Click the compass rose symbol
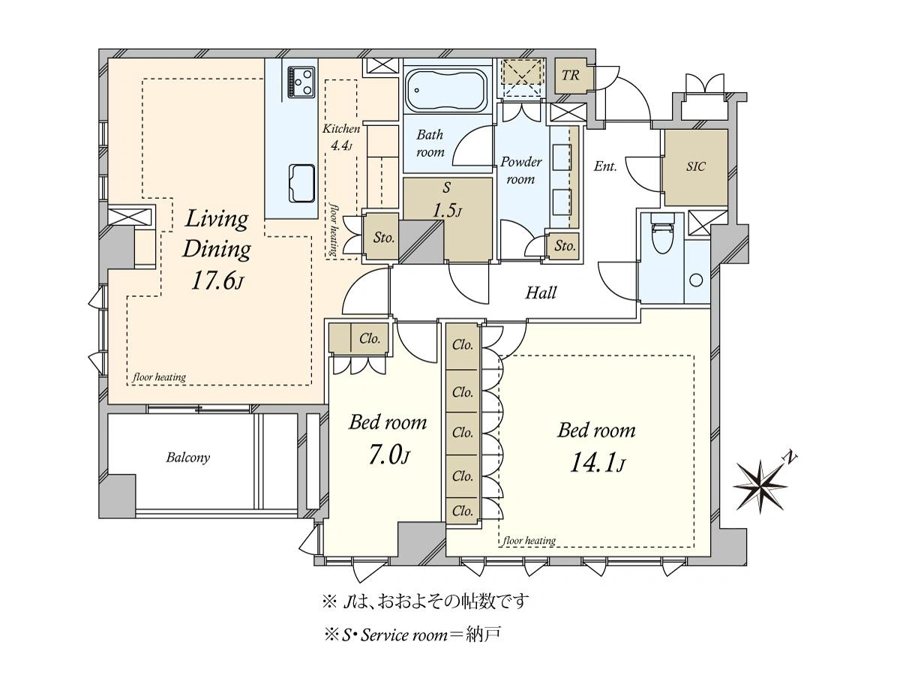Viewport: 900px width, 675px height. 760,486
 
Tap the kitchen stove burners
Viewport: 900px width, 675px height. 301,82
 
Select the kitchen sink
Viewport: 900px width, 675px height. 301,184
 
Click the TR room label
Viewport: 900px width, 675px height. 570,76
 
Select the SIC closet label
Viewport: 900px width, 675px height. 696,166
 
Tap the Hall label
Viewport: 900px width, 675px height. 541,293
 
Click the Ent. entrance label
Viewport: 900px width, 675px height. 605,166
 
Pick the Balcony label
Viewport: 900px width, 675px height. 187,457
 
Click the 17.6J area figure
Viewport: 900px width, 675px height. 217,281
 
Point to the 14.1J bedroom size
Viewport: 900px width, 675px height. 597,464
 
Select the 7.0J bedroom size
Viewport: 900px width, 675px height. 388,456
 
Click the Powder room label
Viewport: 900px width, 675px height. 520,170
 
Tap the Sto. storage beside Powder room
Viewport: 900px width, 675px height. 565,246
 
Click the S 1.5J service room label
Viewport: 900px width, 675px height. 447,200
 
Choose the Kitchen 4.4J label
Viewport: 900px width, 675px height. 341,137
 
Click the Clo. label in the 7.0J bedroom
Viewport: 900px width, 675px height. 370,338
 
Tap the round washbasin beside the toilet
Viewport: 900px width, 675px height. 696,280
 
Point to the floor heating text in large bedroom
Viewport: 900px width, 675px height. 529,541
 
